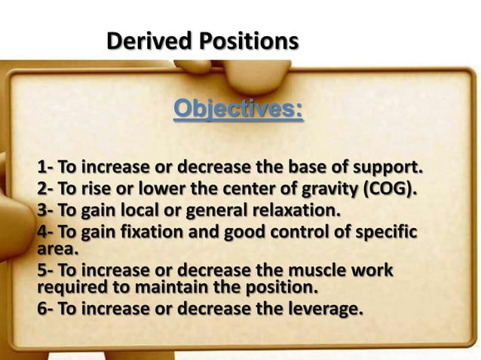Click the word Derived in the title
coord(146,40)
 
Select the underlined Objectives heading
coord(238,110)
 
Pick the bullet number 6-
coord(45,307)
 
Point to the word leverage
coord(317,307)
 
